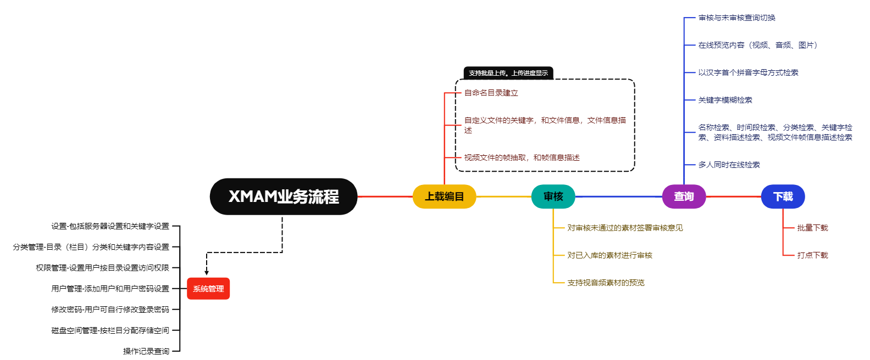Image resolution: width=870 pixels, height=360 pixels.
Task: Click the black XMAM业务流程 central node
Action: point(284,196)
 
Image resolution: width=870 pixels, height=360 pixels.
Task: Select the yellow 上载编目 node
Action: point(444,196)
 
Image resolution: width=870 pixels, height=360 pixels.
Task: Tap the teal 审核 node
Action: point(553,196)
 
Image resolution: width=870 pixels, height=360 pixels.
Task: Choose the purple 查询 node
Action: point(684,196)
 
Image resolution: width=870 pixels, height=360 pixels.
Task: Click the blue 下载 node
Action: point(783,196)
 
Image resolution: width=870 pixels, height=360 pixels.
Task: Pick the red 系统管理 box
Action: point(208,289)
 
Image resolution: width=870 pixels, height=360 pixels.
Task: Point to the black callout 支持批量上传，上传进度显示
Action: point(508,73)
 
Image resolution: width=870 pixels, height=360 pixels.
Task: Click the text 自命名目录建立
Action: point(491,93)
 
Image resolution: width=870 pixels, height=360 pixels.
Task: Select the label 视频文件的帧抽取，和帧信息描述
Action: point(522,157)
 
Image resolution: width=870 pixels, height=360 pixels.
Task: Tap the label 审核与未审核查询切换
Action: point(736,18)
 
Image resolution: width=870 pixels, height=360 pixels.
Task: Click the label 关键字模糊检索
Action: point(725,100)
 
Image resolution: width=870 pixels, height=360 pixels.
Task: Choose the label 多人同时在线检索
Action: point(729,165)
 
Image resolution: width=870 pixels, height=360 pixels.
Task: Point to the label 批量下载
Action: point(812,228)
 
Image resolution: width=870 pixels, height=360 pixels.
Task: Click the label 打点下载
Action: point(812,255)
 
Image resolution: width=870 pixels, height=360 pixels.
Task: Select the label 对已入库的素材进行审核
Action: point(609,255)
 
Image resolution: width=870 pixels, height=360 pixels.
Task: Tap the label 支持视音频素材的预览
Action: point(606,283)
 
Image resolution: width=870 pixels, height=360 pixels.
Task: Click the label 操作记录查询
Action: point(146,351)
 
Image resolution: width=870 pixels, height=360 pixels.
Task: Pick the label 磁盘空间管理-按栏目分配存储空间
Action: point(110,330)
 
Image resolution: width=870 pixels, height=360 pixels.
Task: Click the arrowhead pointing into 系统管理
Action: point(207,272)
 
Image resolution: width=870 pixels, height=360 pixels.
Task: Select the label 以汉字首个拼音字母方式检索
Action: point(748,72)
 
